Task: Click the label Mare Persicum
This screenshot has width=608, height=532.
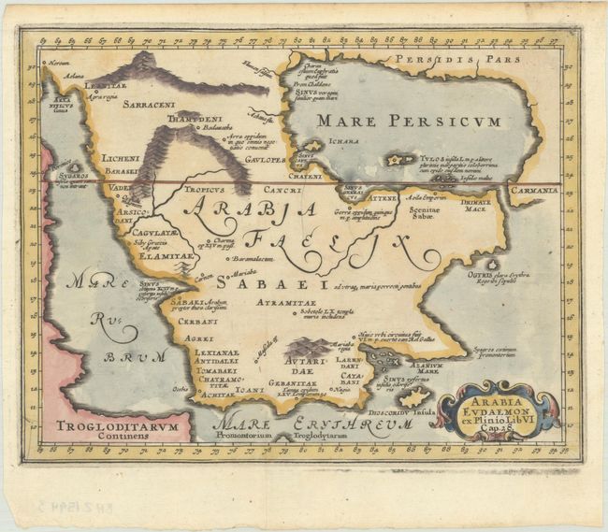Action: pyautogui.click(x=408, y=121)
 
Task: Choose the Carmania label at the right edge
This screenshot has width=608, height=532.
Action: pyautogui.click(x=535, y=190)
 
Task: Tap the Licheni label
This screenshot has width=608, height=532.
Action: pyautogui.click(x=121, y=159)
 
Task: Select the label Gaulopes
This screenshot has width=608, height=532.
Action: pyautogui.click(x=266, y=159)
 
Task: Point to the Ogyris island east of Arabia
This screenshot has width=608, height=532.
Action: pyautogui.click(x=488, y=266)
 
